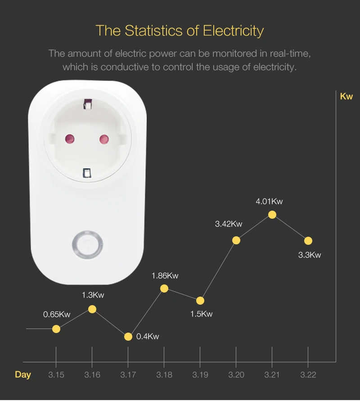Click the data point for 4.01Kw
tap(272, 215)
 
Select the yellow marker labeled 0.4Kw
tap(128, 337)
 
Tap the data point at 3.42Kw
tap(236, 240)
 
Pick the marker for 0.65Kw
tap(56, 329)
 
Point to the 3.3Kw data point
tap(308, 241)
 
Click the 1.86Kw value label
tap(165, 276)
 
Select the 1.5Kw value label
tap(201, 314)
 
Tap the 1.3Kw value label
tap(93, 295)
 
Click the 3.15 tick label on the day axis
tap(56, 375)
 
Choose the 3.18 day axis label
tap(164, 375)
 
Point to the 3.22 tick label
tap(308, 375)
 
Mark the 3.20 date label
tap(236, 375)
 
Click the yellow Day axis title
tap(23, 375)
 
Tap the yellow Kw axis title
tap(346, 96)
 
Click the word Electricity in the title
tap(233, 31)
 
